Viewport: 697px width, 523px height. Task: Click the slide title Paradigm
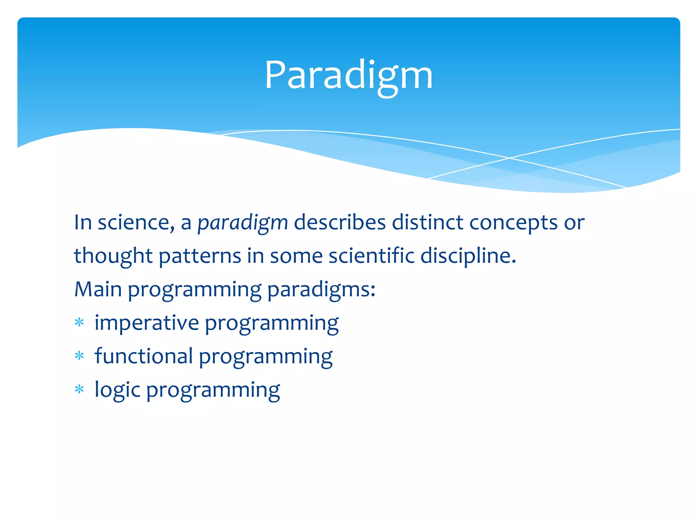coord(348,76)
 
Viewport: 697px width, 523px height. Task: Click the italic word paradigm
coord(243,223)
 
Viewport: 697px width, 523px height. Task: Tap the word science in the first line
coord(133,223)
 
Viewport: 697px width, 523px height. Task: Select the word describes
coord(340,223)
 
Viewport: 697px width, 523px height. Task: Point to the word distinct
coord(427,223)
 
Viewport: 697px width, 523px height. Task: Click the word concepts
coord(513,223)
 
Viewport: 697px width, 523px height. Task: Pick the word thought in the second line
coord(113,256)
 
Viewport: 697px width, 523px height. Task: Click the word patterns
coord(200,256)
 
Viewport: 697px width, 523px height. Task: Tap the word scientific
coord(371,256)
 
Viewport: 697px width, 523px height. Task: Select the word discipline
coord(468,256)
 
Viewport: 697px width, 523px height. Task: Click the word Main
coord(98,289)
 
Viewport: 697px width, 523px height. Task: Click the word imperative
coord(147,323)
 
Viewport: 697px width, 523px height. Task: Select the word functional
coord(144,356)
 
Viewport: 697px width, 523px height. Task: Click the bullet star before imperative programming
coord(79,322)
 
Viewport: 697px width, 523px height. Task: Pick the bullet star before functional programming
coord(79,356)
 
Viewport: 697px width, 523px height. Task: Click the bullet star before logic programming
coord(79,389)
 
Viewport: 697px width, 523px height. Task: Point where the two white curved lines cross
coord(509,158)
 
